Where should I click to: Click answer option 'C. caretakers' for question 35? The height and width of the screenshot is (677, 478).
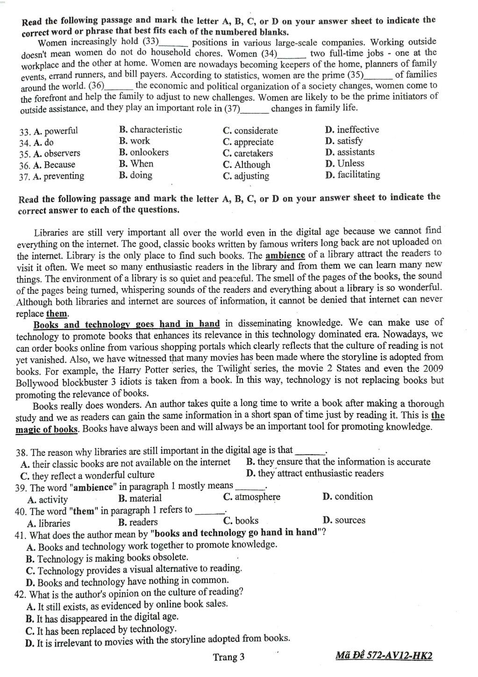point(248,153)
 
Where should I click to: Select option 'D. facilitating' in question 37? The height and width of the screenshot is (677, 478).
point(352,175)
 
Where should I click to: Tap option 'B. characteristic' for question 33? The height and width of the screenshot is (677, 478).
point(150,130)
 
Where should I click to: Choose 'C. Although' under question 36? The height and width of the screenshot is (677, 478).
point(246,165)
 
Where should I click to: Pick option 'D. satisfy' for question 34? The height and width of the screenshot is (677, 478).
point(343,141)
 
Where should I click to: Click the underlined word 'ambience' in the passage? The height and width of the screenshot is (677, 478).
point(285,255)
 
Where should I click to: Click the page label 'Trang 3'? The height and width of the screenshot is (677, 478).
point(228,657)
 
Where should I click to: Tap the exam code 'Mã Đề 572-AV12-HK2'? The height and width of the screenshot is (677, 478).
point(384,655)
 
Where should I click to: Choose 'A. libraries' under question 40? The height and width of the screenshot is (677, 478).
point(49,523)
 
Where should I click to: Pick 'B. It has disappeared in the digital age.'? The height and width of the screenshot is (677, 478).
point(102,618)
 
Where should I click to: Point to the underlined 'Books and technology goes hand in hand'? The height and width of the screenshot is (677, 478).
point(127,324)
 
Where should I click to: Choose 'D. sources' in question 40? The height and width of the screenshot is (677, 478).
point(344,520)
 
